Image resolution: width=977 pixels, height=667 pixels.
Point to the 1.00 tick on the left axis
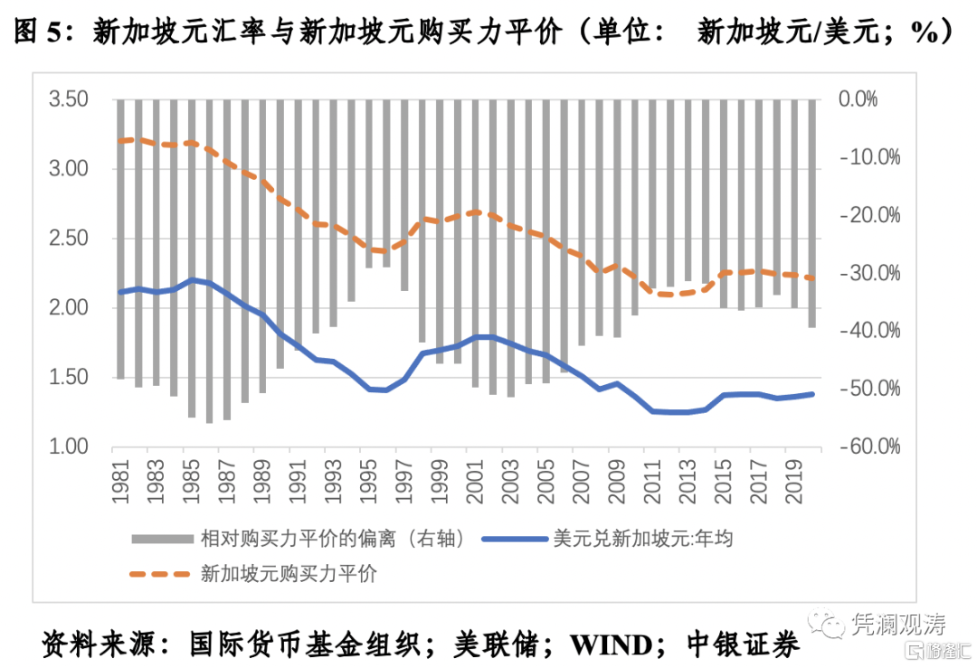(69, 446)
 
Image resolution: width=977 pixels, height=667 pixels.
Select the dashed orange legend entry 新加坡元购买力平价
(289, 573)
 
